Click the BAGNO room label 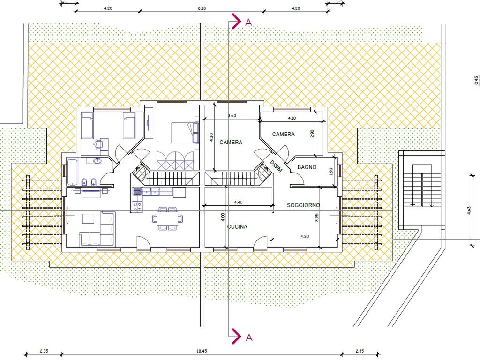[x=307, y=167]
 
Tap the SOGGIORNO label [x=303, y=205]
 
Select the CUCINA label [x=237, y=227]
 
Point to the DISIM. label [x=276, y=167]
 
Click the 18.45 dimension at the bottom [x=202, y=351]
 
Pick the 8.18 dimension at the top [x=202, y=8]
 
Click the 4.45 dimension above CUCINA [x=238, y=202]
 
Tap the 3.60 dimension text [x=232, y=116]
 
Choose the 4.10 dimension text [x=292, y=118]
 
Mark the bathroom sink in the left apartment [x=98, y=160]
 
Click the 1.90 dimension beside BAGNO [x=330, y=171]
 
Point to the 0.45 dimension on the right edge [x=476, y=80]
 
